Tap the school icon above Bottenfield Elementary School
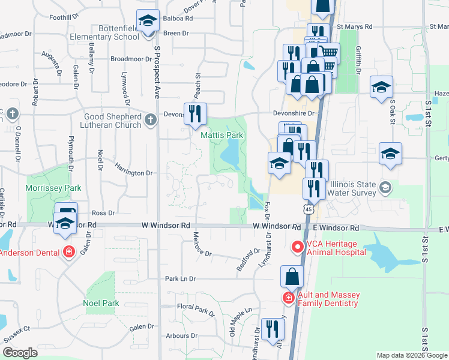[147, 22]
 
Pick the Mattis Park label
[221, 135]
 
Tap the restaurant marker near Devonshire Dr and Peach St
[194, 114]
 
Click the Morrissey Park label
[53, 188]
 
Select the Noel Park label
[101, 304]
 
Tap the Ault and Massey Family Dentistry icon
[288, 298]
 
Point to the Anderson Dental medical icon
[70, 252]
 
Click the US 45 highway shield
[308, 209]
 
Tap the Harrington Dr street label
[133, 173]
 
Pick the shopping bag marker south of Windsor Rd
[292, 277]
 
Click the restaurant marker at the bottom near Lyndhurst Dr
[274, 328]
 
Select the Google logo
[19, 353]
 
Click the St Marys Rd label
[355, 27]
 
